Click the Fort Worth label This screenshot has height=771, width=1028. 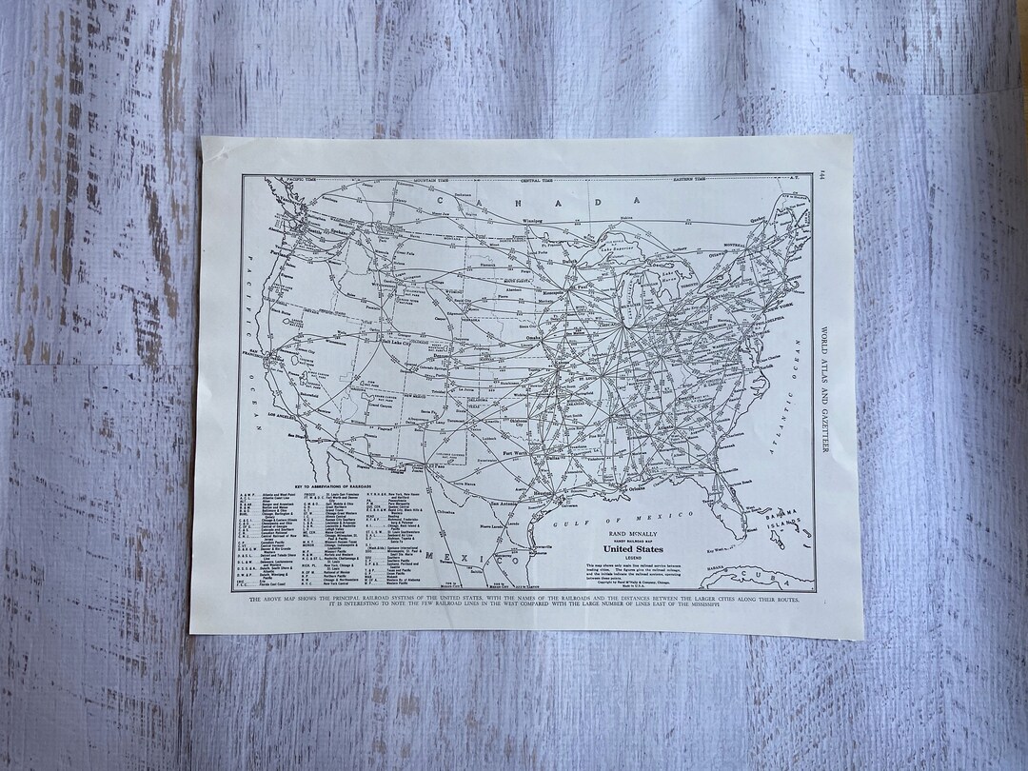click(514, 454)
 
